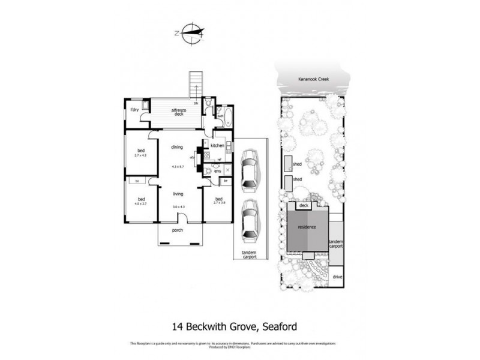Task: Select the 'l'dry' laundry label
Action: pyautogui.click(x=134, y=109)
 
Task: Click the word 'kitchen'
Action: pyautogui.click(x=217, y=146)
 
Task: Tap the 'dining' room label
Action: pyautogui.click(x=176, y=147)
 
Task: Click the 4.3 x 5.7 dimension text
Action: pyautogui.click(x=176, y=166)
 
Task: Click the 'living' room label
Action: pyautogui.click(x=178, y=194)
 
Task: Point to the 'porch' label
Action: pyautogui.click(x=177, y=230)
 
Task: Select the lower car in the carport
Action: pyautogui.click(x=249, y=218)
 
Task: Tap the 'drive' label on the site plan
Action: pyautogui.click(x=337, y=277)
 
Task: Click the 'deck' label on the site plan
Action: pyautogui.click(x=303, y=205)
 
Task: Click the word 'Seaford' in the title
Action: pyautogui.click(x=279, y=327)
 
